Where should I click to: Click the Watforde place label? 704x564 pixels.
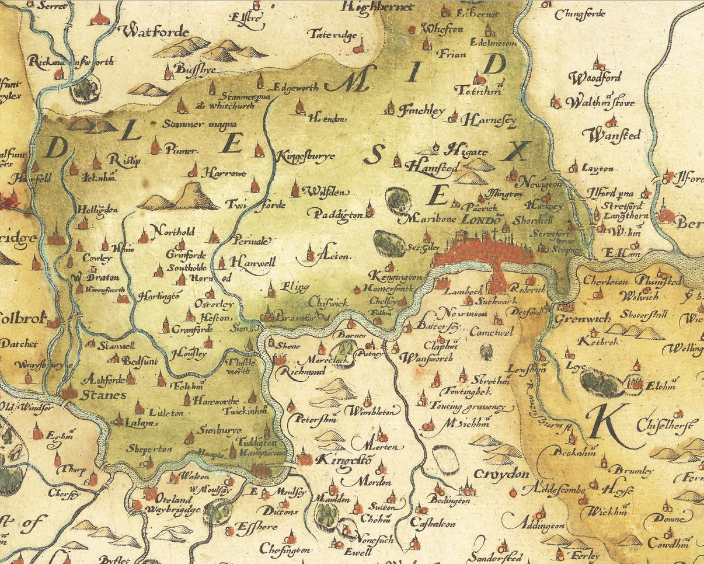[x=155, y=31]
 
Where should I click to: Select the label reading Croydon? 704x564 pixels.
[x=501, y=474]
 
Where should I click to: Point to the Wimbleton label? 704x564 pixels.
[x=372, y=411]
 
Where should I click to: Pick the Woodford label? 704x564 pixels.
[x=595, y=78]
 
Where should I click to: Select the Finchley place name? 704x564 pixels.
[x=421, y=111]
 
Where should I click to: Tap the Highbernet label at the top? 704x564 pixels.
[x=377, y=6]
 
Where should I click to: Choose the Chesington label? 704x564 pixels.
[x=285, y=549]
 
